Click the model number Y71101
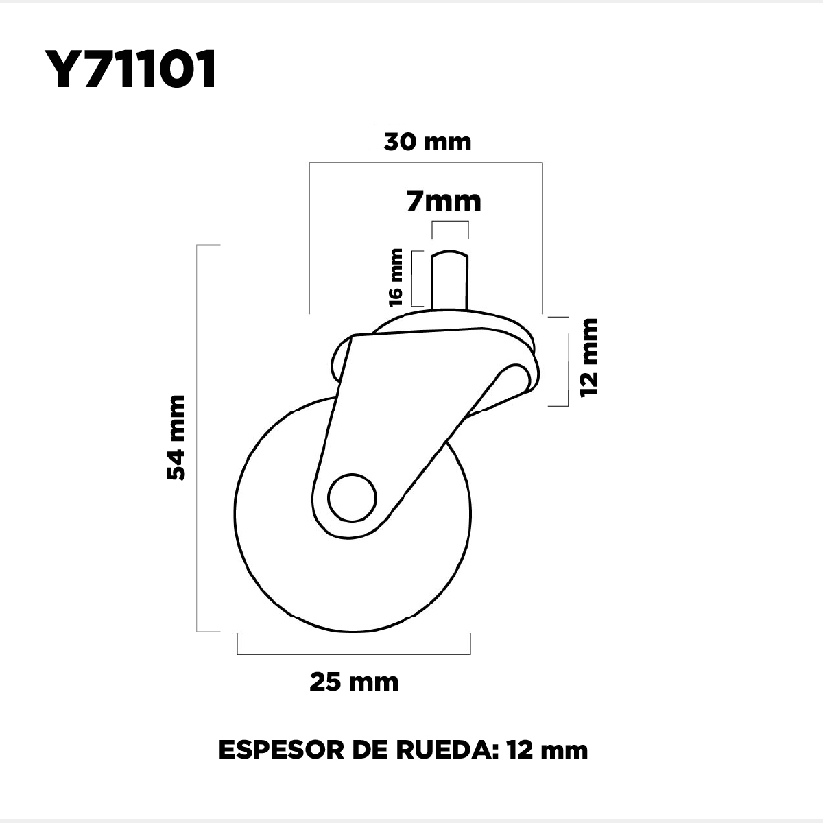[x=130, y=69]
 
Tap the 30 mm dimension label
[x=427, y=142]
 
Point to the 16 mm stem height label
[x=396, y=278]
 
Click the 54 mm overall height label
[x=176, y=438]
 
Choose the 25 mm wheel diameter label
[x=354, y=682]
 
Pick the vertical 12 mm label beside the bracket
[x=589, y=358]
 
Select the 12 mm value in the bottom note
[x=547, y=761]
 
